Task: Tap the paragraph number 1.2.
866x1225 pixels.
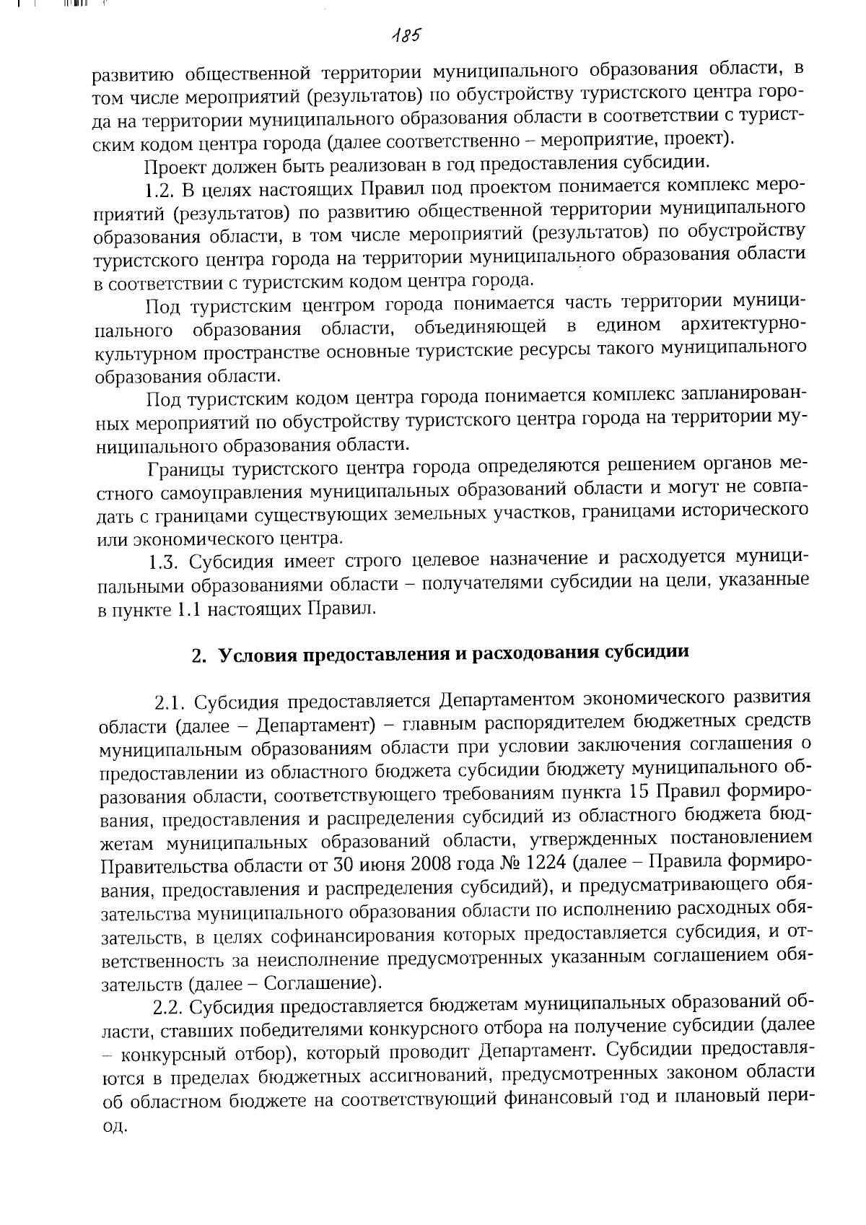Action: coord(159,191)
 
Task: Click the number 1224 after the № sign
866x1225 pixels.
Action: coord(549,864)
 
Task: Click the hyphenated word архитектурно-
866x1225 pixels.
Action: coord(743,327)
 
